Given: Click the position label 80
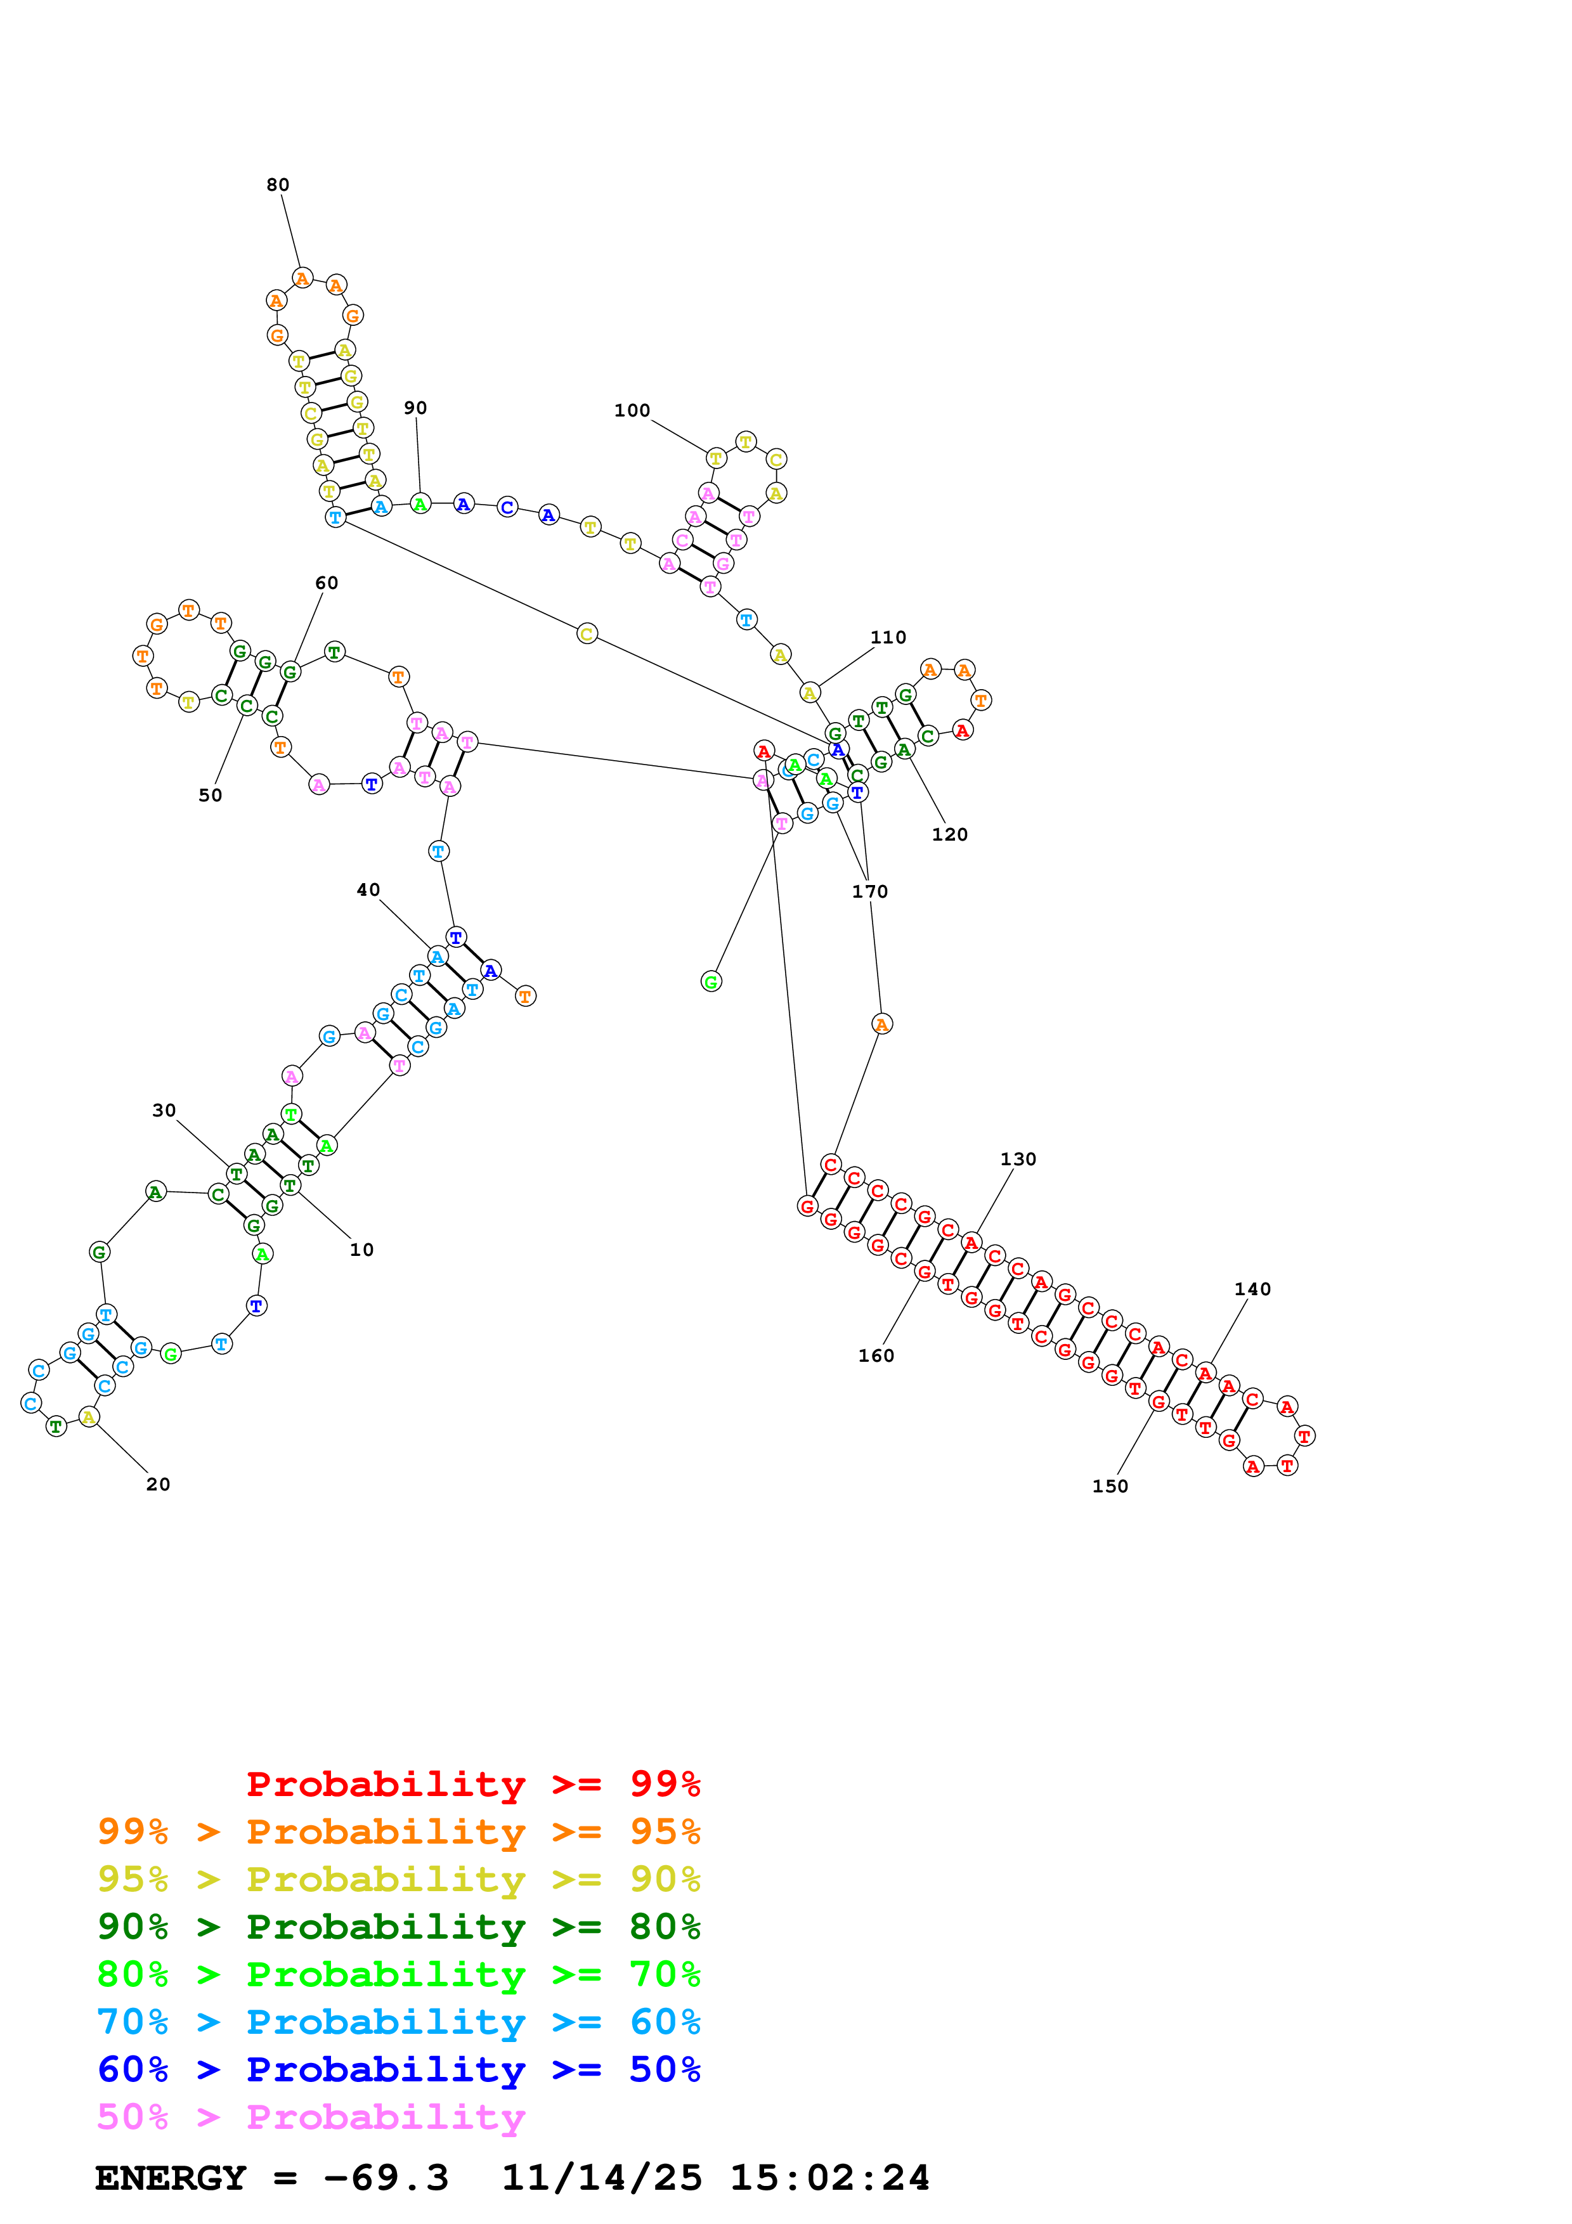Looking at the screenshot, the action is click(x=278, y=185).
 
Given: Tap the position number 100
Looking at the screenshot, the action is click(x=632, y=411).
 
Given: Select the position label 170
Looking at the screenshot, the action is click(x=870, y=891).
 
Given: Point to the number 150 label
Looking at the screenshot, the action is click(x=1110, y=1486).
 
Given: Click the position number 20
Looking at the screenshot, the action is click(x=158, y=1484).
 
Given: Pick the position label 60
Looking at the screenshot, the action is click(x=327, y=583).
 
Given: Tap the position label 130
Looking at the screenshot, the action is click(x=1018, y=1160).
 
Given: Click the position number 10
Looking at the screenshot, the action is click(x=361, y=1250).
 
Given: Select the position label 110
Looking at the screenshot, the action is click(x=888, y=637).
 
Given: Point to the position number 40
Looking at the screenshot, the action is click(x=368, y=890).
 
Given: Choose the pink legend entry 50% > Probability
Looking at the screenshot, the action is click(x=310, y=2117).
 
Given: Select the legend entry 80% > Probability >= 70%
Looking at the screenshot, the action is click(x=399, y=1975).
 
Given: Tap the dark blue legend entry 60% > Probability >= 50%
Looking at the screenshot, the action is click(x=399, y=2070).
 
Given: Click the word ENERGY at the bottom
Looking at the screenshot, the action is click(x=171, y=2178).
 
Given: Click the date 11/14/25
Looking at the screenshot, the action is click(x=602, y=2178).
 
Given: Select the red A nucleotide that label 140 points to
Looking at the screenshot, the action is click(x=1205, y=1373).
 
